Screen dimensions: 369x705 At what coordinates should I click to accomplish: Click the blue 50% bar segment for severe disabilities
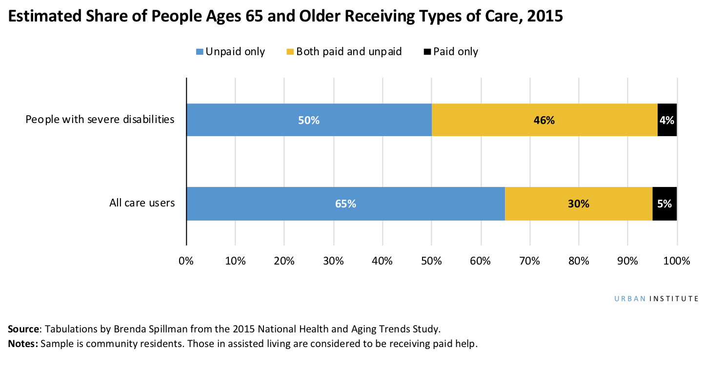pyautogui.click(x=309, y=120)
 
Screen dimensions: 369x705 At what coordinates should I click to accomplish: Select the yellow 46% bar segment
pyautogui.click(x=544, y=120)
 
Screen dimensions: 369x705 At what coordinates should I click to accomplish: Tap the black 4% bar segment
pyautogui.click(x=667, y=120)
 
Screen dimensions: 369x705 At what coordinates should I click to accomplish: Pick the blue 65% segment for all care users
pyautogui.click(x=345, y=204)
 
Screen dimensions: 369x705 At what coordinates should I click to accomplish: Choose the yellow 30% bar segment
pyautogui.click(x=579, y=204)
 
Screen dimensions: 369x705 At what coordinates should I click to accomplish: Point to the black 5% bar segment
pyautogui.click(x=665, y=204)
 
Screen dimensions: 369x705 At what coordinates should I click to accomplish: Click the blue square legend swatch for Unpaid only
pyautogui.click(x=200, y=52)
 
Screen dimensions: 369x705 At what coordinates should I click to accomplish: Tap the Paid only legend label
pyautogui.click(x=455, y=52)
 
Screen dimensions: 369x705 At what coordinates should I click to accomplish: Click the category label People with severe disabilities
pyautogui.click(x=100, y=120)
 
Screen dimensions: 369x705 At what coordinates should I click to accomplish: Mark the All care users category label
pyautogui.click(x=142, y=203)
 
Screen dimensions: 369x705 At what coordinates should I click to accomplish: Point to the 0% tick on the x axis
pyautogui.click(x=186, y=261)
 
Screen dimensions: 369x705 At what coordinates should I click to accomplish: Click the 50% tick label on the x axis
pyautogui.click(x=431, y=261)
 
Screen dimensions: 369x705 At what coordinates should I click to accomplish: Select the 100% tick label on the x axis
pyautogui.click(x=677, y=261)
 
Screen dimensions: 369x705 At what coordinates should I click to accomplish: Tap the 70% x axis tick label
pyautogui.click(x=529, y=261)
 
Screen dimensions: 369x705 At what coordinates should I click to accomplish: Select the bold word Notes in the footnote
pyautogui.click(x=22, y=344)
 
